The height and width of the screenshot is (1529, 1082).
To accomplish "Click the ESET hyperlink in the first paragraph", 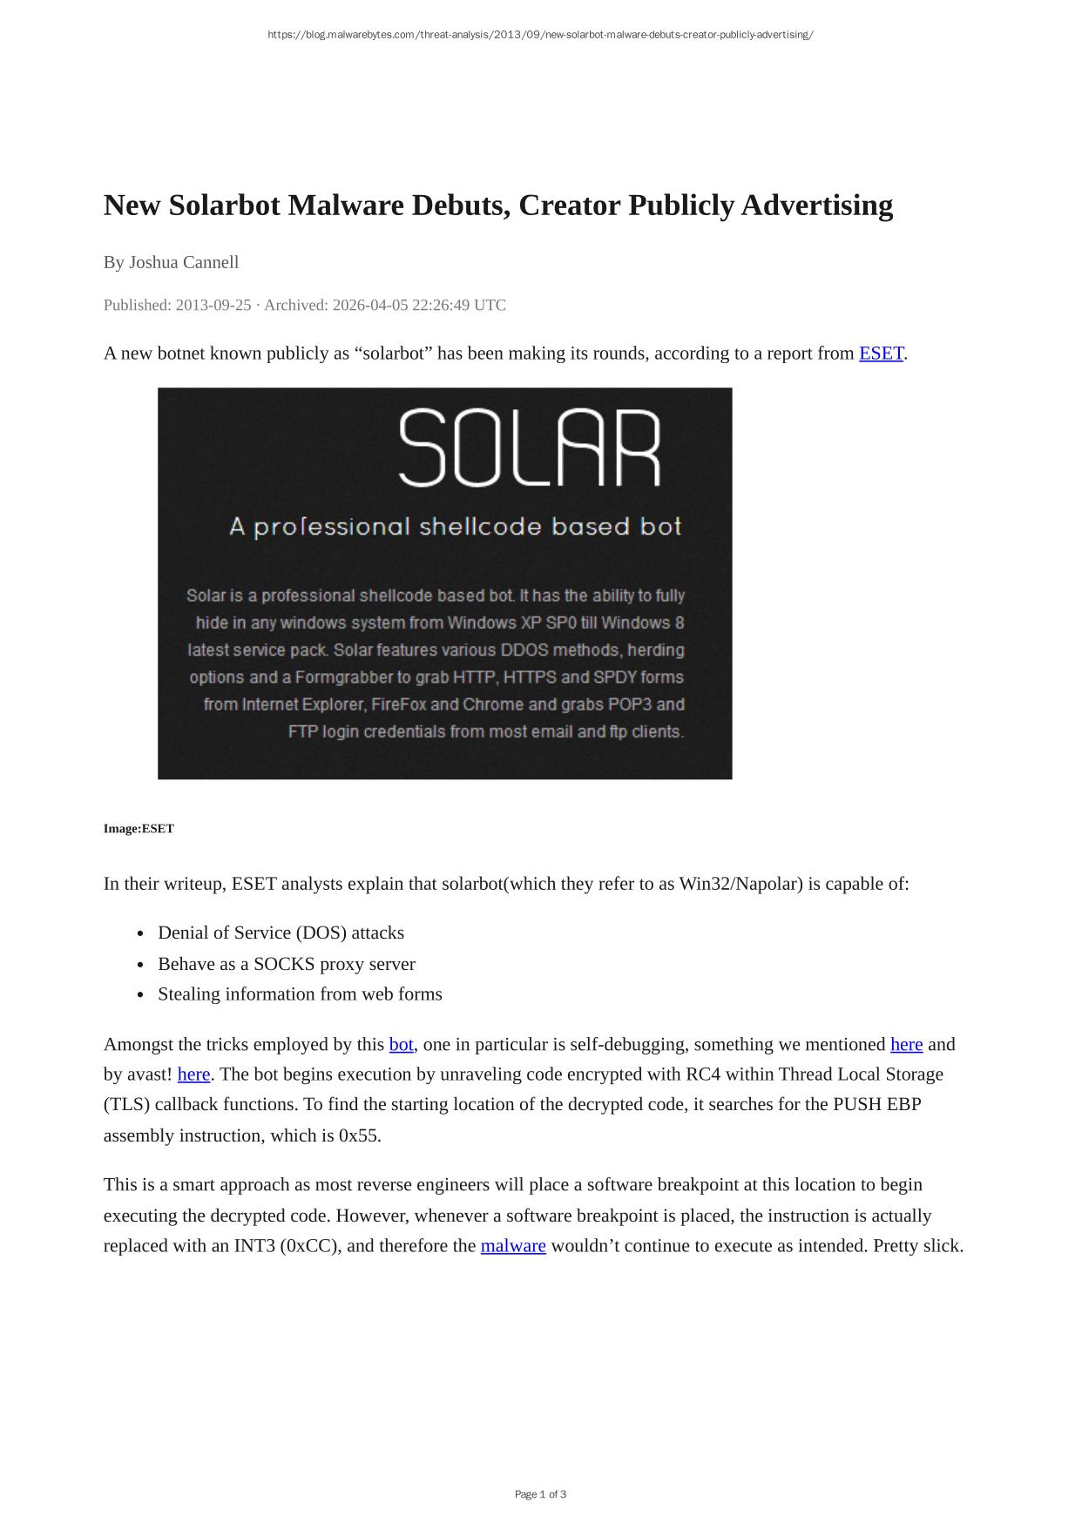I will coord(881,354).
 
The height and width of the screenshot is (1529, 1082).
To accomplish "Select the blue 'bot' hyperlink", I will coord(401,1044).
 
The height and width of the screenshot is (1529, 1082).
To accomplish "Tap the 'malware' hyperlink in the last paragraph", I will coord(513,1246).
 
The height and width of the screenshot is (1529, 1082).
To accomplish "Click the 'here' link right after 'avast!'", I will coord(193,1074).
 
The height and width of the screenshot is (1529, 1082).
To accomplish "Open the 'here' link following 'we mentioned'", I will coord(906,1044).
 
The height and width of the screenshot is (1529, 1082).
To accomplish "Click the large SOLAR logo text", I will coord(530,448).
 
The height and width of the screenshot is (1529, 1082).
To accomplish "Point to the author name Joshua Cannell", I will coord(184,262).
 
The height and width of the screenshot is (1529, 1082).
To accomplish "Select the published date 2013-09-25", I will coord(213,305).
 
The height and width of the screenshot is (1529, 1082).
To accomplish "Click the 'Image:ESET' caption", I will coord(139,829).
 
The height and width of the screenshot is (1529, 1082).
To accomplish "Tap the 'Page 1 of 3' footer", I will coord(540,1494).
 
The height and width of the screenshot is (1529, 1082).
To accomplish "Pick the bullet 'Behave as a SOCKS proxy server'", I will coord(287,964).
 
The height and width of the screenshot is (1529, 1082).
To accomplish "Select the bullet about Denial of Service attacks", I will coord(281,933).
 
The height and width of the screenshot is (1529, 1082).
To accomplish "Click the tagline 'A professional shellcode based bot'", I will coord(455,527).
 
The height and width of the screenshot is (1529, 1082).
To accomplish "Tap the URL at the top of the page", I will coord(540,35).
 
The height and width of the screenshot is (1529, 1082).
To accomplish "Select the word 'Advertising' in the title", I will coord(817,205).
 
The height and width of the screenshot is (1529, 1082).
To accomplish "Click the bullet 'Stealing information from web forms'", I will coord(300,994).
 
